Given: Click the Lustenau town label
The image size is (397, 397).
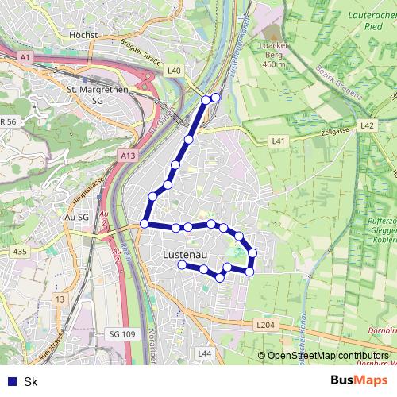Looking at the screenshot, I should (184, 255).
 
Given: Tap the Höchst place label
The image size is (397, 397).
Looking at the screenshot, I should (84, 35).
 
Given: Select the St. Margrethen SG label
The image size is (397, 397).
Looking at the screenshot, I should (92, 95).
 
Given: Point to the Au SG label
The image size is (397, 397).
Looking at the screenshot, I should (79, 215).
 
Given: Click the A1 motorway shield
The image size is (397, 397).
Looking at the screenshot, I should (25, 57).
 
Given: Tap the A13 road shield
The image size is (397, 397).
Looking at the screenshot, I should (129, 156).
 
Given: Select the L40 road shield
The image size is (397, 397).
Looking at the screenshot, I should (175, 71).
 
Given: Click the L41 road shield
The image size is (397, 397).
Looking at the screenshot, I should (277, 141).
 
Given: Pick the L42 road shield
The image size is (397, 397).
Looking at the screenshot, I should (367, 125).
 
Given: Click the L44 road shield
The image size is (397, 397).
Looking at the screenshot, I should (205, 353).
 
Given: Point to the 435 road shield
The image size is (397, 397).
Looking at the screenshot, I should (20, 251).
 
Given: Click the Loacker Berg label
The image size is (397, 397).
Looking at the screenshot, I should (272, 55).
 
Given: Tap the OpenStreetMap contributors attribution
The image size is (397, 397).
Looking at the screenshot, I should (327, 357).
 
